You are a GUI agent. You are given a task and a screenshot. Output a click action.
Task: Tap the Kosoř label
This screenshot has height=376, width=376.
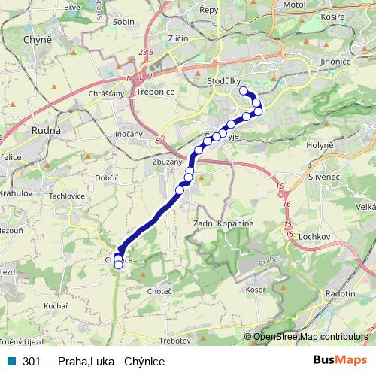point(256,289)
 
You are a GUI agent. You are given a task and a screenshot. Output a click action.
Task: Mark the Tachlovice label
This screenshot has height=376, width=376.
point(67,196)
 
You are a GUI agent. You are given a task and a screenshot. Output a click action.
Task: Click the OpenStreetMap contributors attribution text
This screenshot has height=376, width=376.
point(311,336)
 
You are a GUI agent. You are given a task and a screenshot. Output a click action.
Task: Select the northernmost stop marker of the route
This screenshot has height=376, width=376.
point(243,91)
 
